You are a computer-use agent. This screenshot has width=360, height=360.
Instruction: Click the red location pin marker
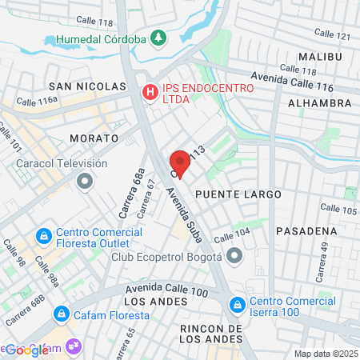180,163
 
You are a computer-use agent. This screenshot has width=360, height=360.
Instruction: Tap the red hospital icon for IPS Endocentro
150,93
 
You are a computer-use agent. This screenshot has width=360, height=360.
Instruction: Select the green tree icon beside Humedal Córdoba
158,38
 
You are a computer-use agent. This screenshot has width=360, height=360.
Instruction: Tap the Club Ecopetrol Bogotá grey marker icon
234,257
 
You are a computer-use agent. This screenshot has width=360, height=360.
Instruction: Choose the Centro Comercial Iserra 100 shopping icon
237,305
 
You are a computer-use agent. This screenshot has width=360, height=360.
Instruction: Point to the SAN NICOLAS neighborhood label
87,86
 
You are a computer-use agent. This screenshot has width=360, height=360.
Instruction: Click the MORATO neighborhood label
94,138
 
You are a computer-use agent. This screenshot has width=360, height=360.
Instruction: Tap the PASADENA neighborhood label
306,230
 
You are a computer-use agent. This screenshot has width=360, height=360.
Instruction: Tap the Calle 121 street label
333,35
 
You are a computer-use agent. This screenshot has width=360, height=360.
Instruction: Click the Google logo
26,350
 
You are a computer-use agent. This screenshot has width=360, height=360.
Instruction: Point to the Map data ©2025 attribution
324,354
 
